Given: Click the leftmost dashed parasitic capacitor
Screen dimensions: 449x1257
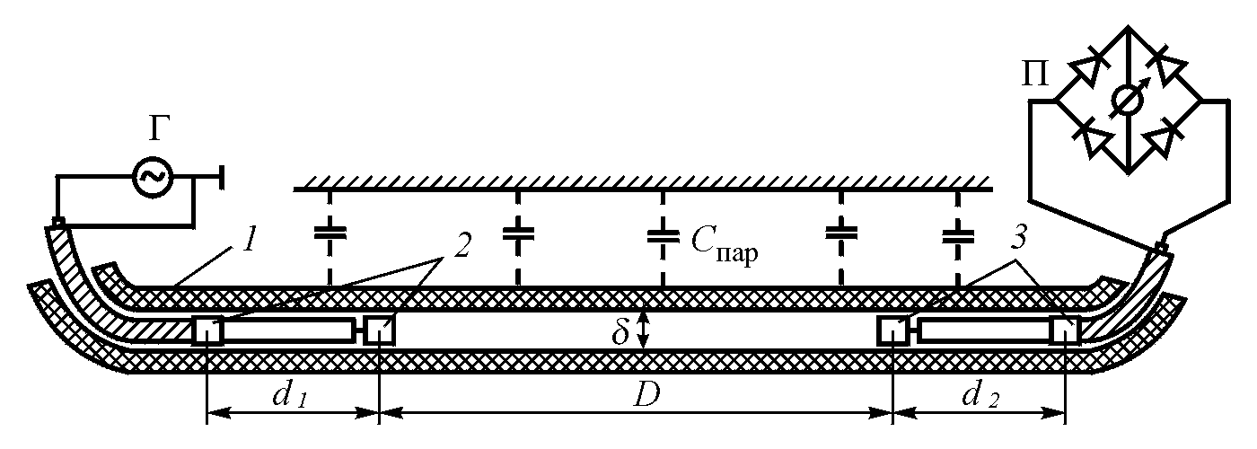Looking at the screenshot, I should [x=330, y=235].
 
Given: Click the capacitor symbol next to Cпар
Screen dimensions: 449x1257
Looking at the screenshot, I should [x=663, y=235].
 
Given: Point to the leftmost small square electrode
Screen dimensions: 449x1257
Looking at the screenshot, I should [x=207, y=331].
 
